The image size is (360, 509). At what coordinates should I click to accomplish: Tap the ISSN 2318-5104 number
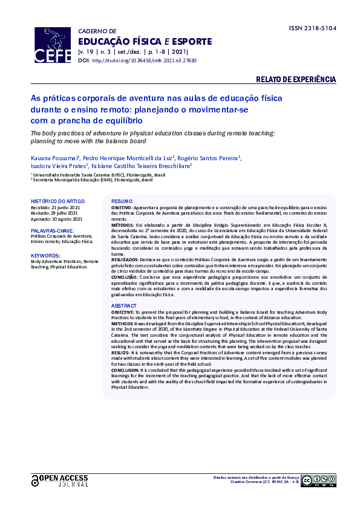click(312, 28)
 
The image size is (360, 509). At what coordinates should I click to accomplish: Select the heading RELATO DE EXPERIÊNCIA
click(296, 80)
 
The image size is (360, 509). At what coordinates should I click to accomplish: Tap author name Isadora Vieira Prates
click(59, 165)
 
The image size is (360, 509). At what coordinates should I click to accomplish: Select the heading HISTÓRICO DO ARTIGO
click(57, 201)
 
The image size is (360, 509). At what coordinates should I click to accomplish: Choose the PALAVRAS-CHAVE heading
click(53, 231)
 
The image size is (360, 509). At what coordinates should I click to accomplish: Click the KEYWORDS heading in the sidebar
click(45, 255)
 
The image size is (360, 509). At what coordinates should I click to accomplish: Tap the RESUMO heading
click(121, 201)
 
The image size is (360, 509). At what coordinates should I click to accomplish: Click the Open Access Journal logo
click(59, 481)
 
